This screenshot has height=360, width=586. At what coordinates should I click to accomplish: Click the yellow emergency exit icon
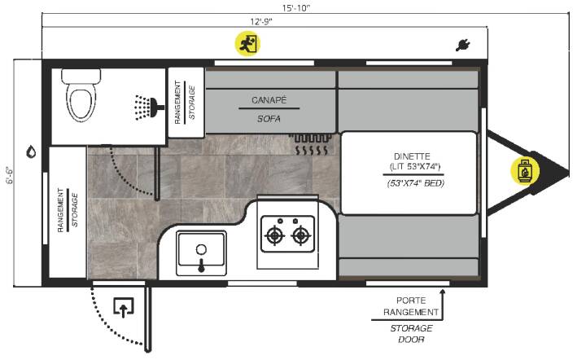(x=247, y=44)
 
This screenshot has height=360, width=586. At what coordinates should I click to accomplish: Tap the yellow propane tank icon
(x=525, y=170)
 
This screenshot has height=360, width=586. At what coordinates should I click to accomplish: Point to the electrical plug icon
(x=462, y=46)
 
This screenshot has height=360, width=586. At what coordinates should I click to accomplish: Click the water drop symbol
(x=31, y=151)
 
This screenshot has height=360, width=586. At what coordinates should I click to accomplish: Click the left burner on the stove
(x=275, y=235)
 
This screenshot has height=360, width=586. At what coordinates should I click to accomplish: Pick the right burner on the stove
(x=301, y=235)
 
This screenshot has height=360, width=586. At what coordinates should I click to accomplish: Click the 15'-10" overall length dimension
(x=295, y=8)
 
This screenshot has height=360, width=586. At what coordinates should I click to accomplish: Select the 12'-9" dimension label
(x=261, y=22)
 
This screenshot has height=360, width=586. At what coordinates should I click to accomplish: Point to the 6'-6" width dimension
(x=10, y=175)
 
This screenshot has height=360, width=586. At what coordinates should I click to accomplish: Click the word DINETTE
(x=412, y=156)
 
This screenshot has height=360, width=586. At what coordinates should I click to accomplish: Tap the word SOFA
(x=269, y=119)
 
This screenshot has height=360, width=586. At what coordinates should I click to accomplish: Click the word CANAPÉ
(x=269, y=100)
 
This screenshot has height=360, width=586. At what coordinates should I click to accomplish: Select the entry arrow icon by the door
(x=124, y=307)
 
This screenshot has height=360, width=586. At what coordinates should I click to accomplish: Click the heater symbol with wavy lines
(x=311, y=144)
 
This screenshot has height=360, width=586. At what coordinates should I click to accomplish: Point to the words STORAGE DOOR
(x=411, y=334)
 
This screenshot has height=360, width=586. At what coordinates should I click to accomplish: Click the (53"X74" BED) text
(x=416, y=183)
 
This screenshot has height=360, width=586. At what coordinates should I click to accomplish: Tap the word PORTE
(x=411, y=301)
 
